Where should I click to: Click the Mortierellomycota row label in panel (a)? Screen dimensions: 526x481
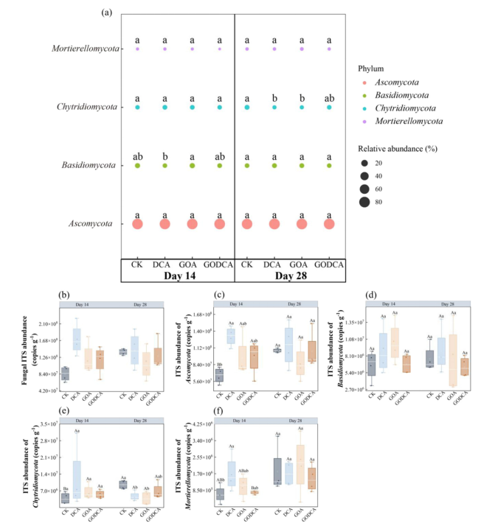(x=84, y=49)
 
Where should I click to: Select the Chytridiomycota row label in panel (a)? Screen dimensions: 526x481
(x=87, y=108)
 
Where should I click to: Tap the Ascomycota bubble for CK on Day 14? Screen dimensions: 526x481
(x=137, y=224)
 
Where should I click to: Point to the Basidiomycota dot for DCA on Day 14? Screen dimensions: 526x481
(x=165, y=166)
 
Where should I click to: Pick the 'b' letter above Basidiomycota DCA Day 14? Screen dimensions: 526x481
(x=165, y=156)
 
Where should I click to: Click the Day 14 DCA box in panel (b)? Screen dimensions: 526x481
(x=76, y=340)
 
